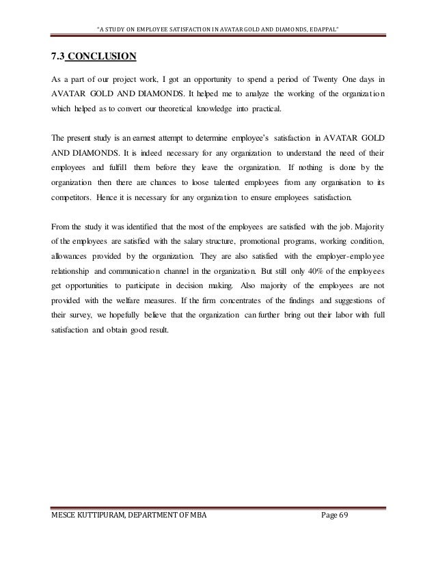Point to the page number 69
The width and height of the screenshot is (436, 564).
(x=343, y=543)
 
